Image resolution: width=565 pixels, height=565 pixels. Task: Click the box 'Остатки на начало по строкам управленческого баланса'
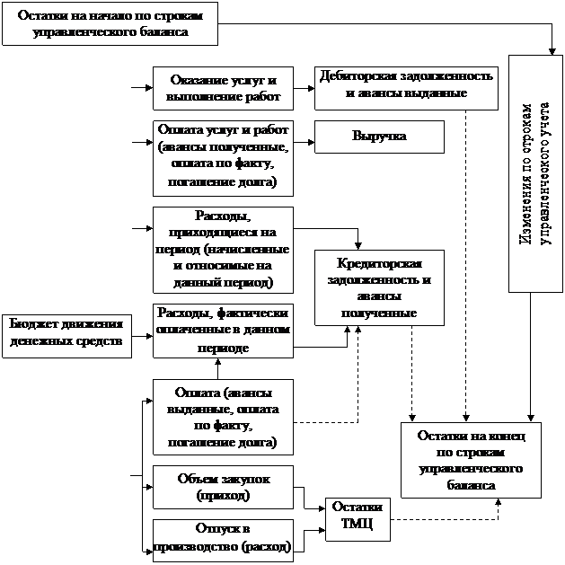(x=110, y=23)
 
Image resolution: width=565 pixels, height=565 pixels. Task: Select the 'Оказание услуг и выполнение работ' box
(x=223, y=87)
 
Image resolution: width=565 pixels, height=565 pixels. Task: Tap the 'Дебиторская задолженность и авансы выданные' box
(x=405, y=85)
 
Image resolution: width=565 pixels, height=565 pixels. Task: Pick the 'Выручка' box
(x=379, y=137)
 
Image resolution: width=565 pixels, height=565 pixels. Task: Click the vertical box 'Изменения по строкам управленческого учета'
(x=535, y=173)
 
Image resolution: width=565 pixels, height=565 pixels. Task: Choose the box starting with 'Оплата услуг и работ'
(x=223, y=157)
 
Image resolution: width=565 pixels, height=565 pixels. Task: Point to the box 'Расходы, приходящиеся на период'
(x=223, y=249)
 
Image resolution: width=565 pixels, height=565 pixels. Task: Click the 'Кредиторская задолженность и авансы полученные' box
(x=379, y=287)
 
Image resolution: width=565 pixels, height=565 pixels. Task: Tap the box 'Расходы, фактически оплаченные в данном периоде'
(x=223, y=330)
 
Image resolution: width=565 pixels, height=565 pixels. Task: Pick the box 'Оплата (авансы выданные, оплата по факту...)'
(x=223, y=418)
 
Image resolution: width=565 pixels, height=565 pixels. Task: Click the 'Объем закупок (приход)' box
(x=223, y=487)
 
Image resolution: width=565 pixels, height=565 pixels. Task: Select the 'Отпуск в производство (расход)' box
(x=223, y=540)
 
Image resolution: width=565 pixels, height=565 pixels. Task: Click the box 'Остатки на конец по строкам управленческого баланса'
(x=471, y=459)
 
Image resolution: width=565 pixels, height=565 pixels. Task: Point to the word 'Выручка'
(x=379, y=137)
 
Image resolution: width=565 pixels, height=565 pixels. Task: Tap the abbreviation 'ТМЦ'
(x=357, y=525)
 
